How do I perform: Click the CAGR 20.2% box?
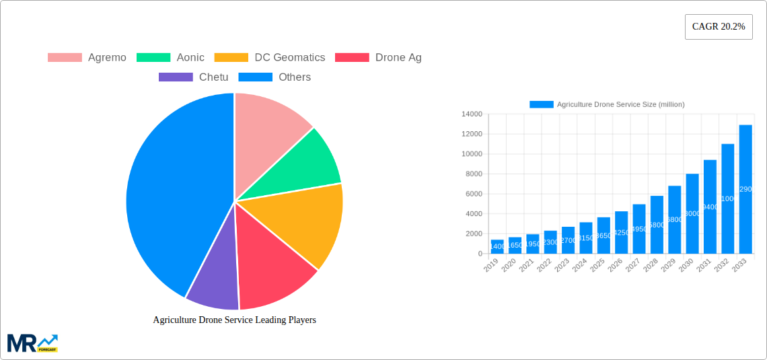pos(718,27)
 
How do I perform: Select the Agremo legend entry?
pos(87,57)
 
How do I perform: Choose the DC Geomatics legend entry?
pos(270,57)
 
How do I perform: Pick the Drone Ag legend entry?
pos(379,57)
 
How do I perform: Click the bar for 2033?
pos(745,189)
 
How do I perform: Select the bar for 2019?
pos(497,246)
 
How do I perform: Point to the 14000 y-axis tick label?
pos(471,114)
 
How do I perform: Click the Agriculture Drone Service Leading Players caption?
pos(234,320)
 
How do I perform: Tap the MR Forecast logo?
pos(32,343)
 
